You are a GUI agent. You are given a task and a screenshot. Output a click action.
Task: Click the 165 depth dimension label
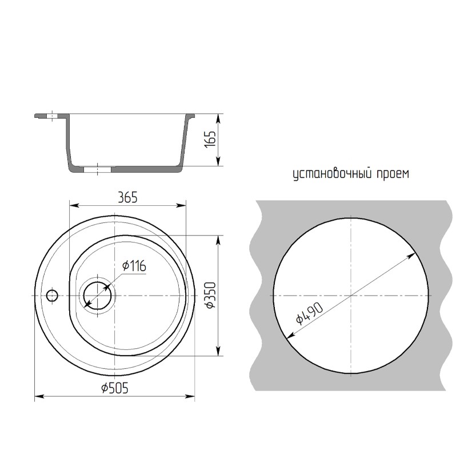(x=211, y=139)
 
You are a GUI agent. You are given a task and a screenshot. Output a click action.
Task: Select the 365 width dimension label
(x=127, y=197)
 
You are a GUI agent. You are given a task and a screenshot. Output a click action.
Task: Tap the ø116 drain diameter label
(x=134, y=266)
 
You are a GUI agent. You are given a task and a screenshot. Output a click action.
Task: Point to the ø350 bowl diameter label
(x=211, y=295)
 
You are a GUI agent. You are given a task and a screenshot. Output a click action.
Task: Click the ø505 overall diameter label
(x=115, y=388)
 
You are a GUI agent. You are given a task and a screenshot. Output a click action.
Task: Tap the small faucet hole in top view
(x=52, y=295)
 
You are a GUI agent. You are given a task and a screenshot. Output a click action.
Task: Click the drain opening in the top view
(x=98, y=295)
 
